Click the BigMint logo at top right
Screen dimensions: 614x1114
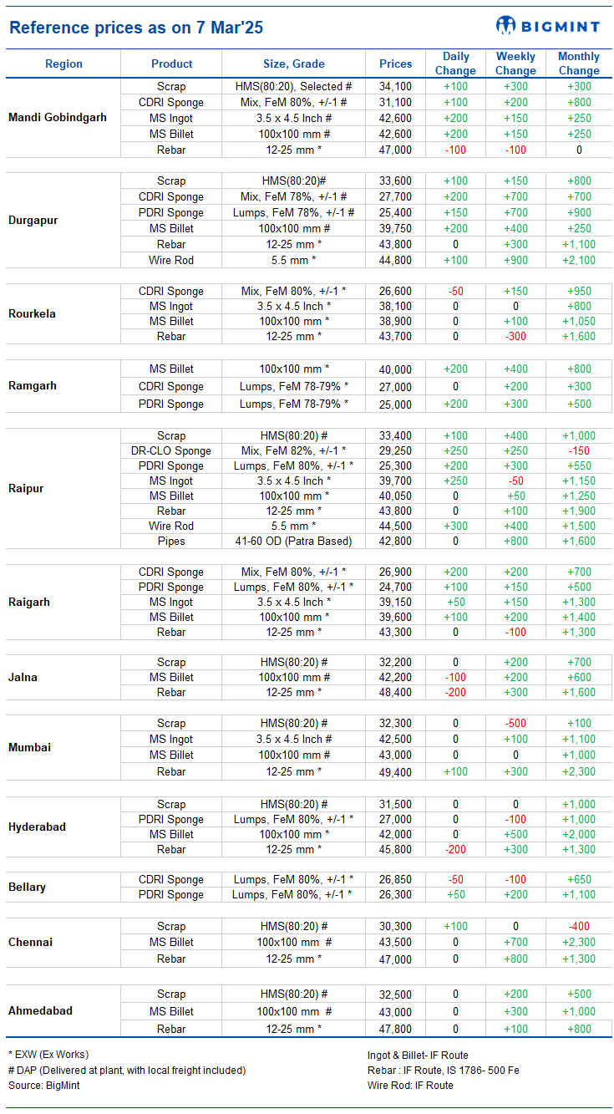(x=548, y=25)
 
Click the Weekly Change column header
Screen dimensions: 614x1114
(x=515, y=64)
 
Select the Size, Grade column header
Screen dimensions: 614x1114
(x=294, y=64)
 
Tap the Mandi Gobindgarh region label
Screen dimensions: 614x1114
(x=58, y=117)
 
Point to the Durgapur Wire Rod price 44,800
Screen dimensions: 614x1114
(x=395, y=260)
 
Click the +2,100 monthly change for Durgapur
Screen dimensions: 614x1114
(x=579, y=260)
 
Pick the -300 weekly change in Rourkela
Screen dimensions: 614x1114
(x=515, y=336)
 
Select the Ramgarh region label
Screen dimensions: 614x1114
(x=33, y=386)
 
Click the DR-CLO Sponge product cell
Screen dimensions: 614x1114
(x=171, y=451)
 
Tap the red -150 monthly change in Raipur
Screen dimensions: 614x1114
(x=579, y=451)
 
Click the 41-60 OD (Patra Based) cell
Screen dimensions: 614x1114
(x=293, y=541)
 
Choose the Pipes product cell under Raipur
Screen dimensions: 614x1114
(x=171, y=541)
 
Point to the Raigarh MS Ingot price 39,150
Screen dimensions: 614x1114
(x=395, y=603)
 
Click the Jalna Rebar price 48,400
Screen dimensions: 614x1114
(x=395, y=692)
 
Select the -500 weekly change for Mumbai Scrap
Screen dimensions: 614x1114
(x=515, y=723)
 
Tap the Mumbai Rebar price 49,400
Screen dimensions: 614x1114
(x=395, y=772)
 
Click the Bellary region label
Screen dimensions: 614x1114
(x=27, y=888)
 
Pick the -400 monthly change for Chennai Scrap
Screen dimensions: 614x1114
(x=579, y=927)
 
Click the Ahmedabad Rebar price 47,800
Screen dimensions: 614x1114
(x=395, y=1029)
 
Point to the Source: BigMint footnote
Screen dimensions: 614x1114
(x=43, y=1085)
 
